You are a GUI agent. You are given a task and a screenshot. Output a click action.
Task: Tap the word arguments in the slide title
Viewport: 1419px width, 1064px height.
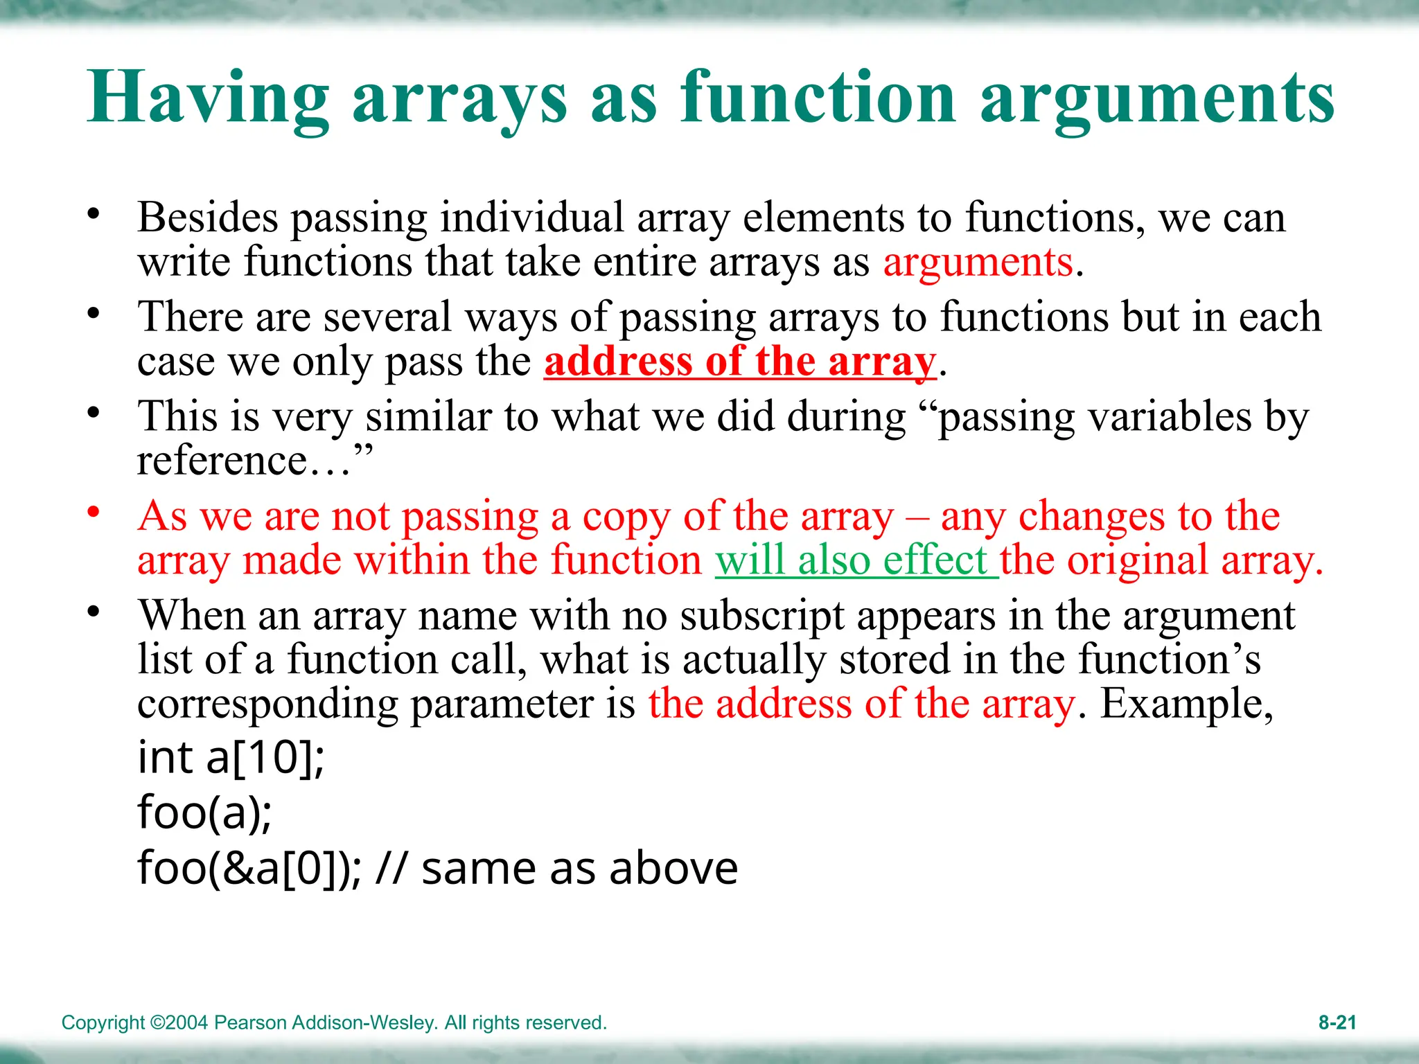pos(1157,98)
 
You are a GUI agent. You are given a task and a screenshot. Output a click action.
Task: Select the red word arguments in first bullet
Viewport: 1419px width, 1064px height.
pos(978,263)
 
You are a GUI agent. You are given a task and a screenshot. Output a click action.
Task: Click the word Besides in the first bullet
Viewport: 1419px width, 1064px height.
pos(207,218)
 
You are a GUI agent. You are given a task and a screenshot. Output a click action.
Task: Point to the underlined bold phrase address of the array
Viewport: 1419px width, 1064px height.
pos(739,362)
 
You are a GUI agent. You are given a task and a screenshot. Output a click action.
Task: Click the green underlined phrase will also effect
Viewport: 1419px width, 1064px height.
pos(856,560)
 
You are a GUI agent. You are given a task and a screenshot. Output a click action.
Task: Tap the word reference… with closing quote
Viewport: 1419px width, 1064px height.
pos(254,461)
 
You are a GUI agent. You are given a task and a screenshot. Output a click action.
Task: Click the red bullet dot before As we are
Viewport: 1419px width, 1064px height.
pos(94,513)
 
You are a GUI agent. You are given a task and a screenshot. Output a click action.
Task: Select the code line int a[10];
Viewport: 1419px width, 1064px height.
pos(231,757)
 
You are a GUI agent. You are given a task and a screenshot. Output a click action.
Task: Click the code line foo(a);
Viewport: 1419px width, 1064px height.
pos(205,812)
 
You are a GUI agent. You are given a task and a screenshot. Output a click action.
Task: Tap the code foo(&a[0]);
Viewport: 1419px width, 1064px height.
pos(249,868)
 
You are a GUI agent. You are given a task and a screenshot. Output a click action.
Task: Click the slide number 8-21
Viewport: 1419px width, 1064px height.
pos(1337,1022)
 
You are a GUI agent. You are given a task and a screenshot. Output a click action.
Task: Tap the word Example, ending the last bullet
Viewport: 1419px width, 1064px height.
pos(1186,704)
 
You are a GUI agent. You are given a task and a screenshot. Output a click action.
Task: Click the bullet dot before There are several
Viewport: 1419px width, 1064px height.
pos(94,314)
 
